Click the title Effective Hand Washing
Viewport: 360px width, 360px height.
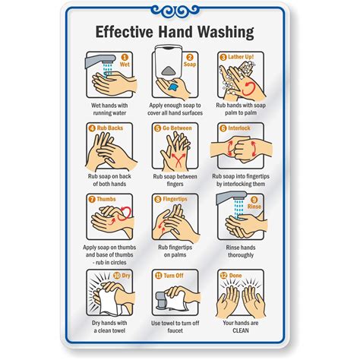pyautogui.click(x=179, y=33)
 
